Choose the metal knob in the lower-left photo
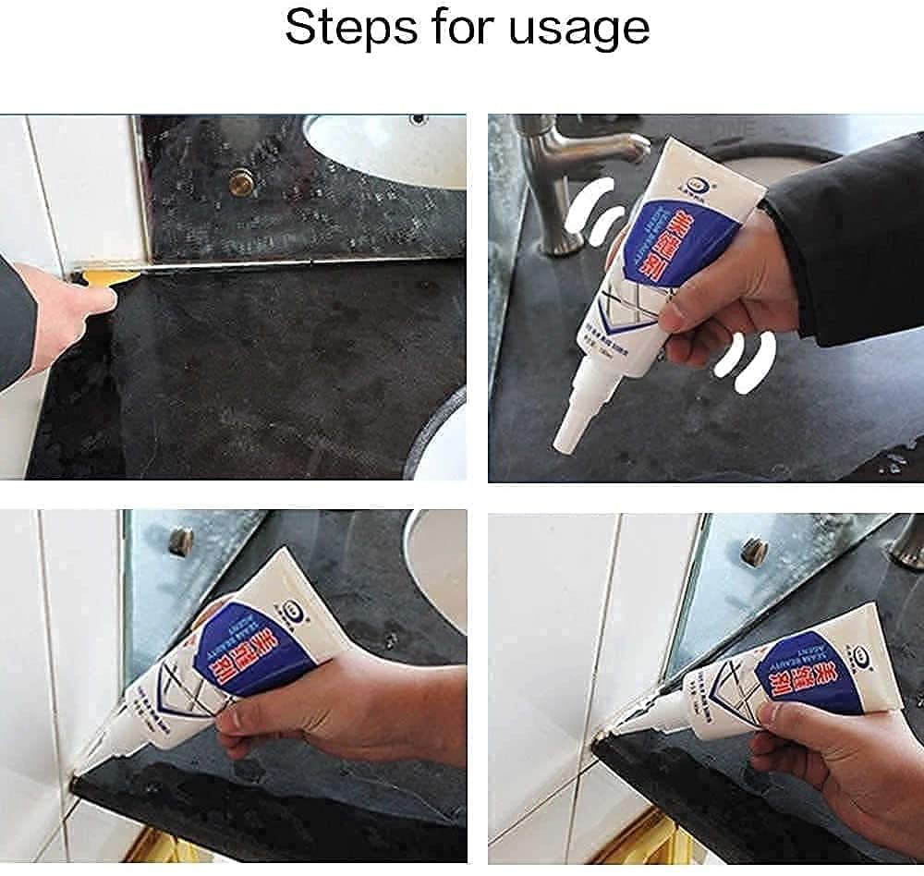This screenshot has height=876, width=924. [x=181, y=541]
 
